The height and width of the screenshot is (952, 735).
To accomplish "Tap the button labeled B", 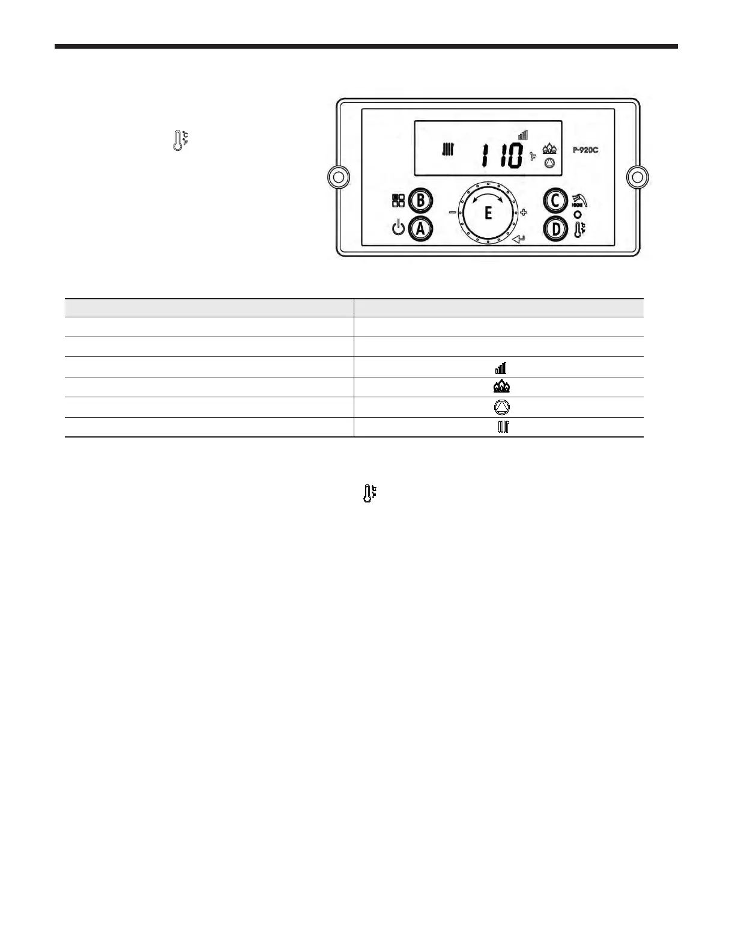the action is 421,201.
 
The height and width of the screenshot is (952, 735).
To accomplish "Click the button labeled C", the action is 555,201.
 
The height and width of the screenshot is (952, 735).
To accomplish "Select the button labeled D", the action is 555,229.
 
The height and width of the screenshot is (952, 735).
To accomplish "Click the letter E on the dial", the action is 488,213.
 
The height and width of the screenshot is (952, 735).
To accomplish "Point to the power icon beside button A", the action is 398,229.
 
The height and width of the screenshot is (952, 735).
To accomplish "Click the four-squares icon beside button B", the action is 398,201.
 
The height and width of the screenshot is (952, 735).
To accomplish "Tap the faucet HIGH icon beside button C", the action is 578,200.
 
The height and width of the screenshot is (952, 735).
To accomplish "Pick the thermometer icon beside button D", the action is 578,229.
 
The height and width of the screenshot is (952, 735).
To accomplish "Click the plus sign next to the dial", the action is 524,212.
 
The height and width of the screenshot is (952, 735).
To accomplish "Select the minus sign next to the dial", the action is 452,212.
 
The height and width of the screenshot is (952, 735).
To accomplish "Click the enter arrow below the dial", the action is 520,240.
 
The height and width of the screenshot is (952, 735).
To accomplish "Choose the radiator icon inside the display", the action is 447,149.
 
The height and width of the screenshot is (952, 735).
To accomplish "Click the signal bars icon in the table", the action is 501,367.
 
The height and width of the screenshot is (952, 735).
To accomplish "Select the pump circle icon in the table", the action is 501,407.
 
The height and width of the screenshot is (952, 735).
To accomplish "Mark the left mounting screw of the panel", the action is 338,177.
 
